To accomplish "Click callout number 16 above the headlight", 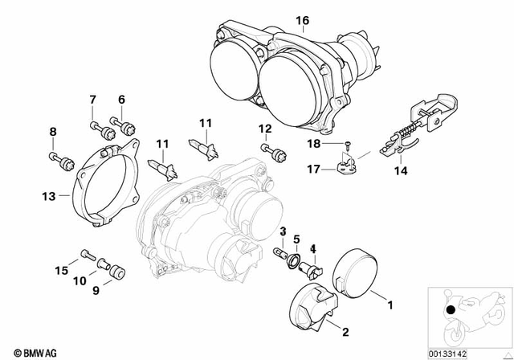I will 303,20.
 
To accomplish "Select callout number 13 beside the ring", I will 49,195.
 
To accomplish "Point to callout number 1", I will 391,305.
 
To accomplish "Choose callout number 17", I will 315,168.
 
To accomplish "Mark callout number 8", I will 54,132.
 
